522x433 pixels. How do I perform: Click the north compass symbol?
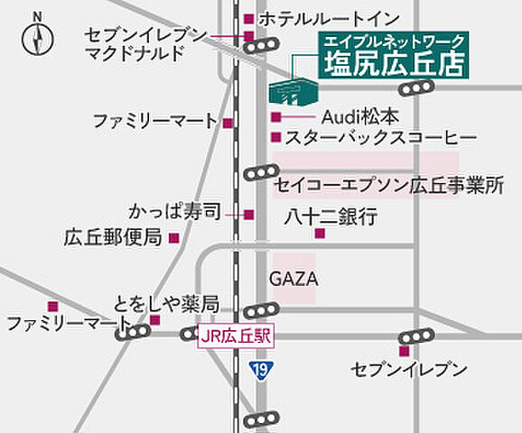click(x=37, y=38)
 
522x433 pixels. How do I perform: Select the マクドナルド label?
click(x=134, y=54)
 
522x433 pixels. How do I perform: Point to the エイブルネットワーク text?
click(x=394, y=41)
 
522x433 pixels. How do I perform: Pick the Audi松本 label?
click(x=359, y=117)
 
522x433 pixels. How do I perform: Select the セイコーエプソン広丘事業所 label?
click(x=387, y=186)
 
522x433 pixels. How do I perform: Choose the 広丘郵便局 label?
click(x=112, y=238)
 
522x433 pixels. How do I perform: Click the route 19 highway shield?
click(x=259, y=370)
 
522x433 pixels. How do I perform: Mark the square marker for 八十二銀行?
click(x=320, y=234)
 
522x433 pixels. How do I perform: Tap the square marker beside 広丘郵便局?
click(x=175, y=238)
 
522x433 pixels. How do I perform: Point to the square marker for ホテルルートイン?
click(x=248, y=18)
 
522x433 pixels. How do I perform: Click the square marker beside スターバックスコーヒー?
click(x=275, y=138)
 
